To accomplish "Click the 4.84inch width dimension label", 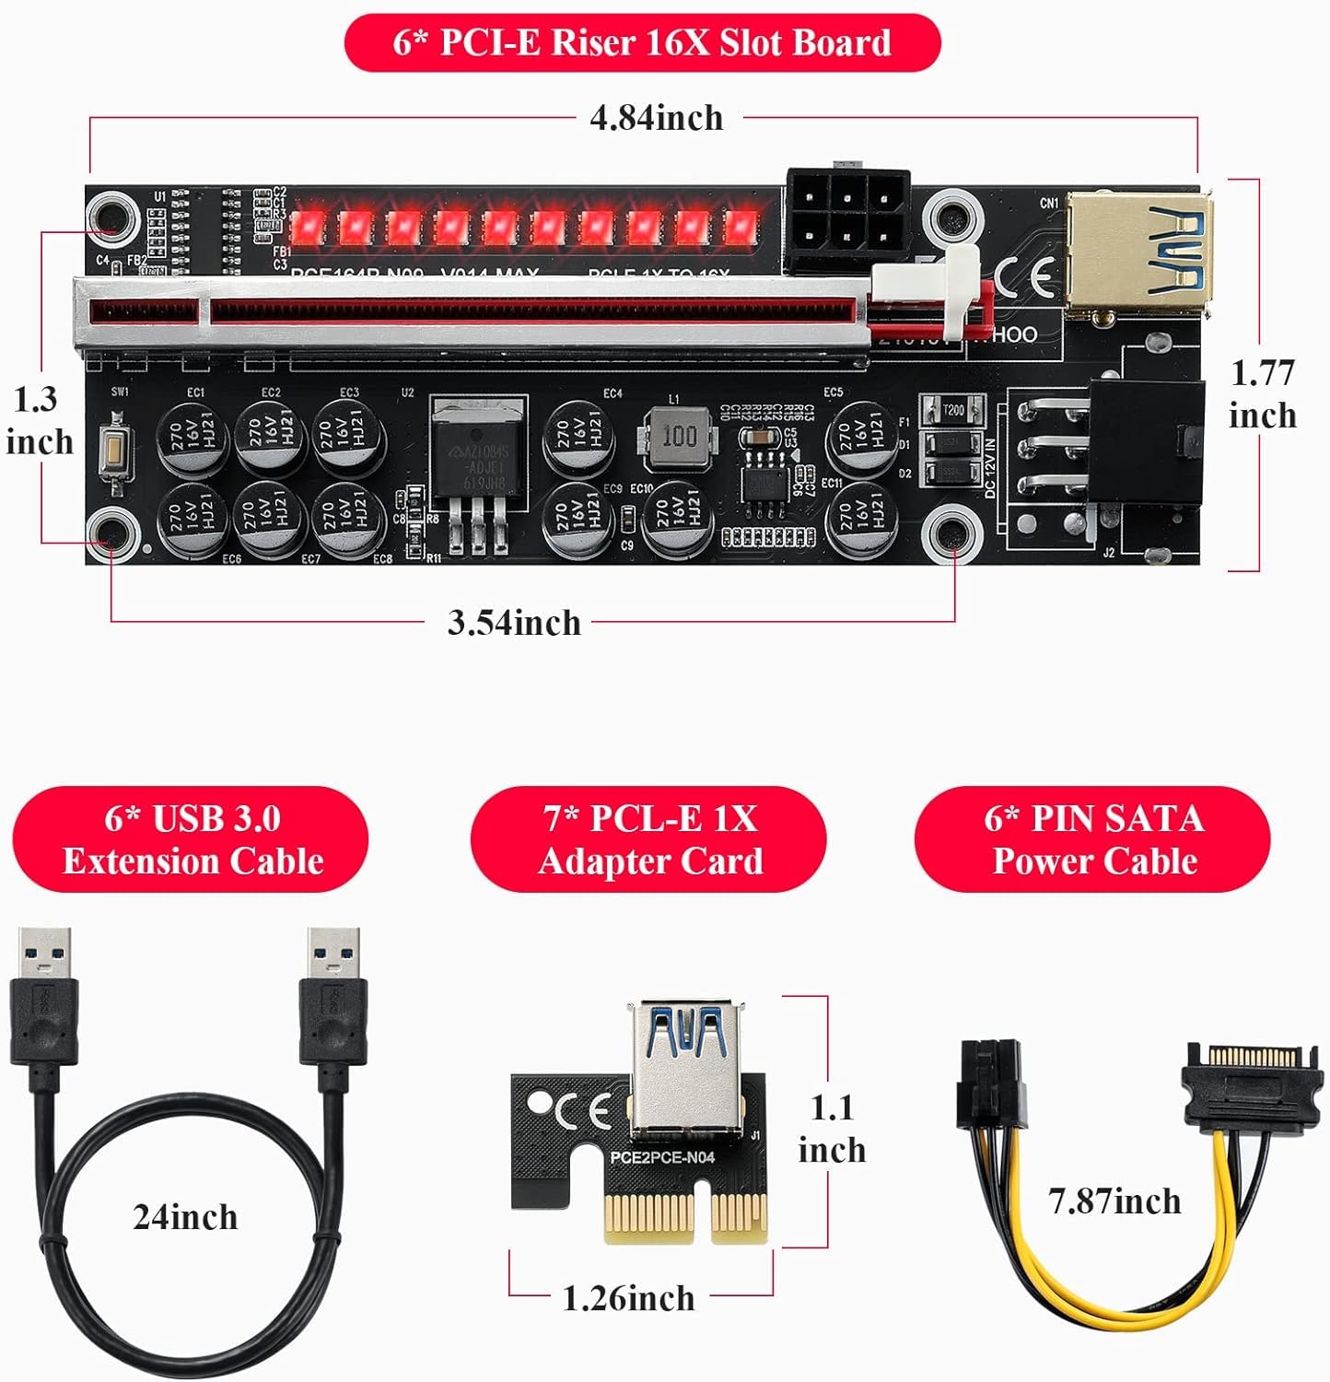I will (656, 118).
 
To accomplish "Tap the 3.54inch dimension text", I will (514, 623).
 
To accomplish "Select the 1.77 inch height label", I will (1262, 394).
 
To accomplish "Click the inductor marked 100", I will (680, 435).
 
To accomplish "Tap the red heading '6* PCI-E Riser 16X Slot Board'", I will (642, 42).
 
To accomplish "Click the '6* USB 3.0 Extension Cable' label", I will (192, 839).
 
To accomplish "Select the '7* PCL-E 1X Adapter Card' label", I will (649, 839).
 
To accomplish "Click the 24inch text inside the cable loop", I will (185, 1217).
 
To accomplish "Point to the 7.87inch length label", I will (1114, 1201).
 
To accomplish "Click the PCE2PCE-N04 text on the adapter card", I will (662, 1157).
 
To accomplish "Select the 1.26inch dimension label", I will (628, 1298).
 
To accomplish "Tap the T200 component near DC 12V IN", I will (952, 410).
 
